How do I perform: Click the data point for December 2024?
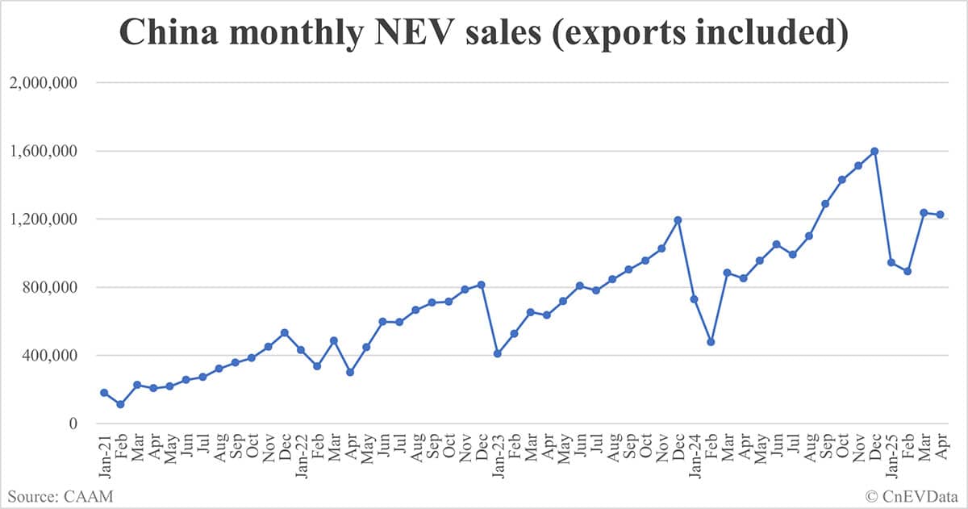(874, 151)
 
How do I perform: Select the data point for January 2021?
(104, 393)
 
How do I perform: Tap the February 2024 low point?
(711, 342)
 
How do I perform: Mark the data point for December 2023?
(678, 219)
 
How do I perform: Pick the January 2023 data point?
(498, 353)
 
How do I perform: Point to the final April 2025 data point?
(941, 215)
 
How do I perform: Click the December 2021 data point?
(284, 332)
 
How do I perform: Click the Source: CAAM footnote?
(61, 495)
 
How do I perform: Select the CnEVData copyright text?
(911, 495)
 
